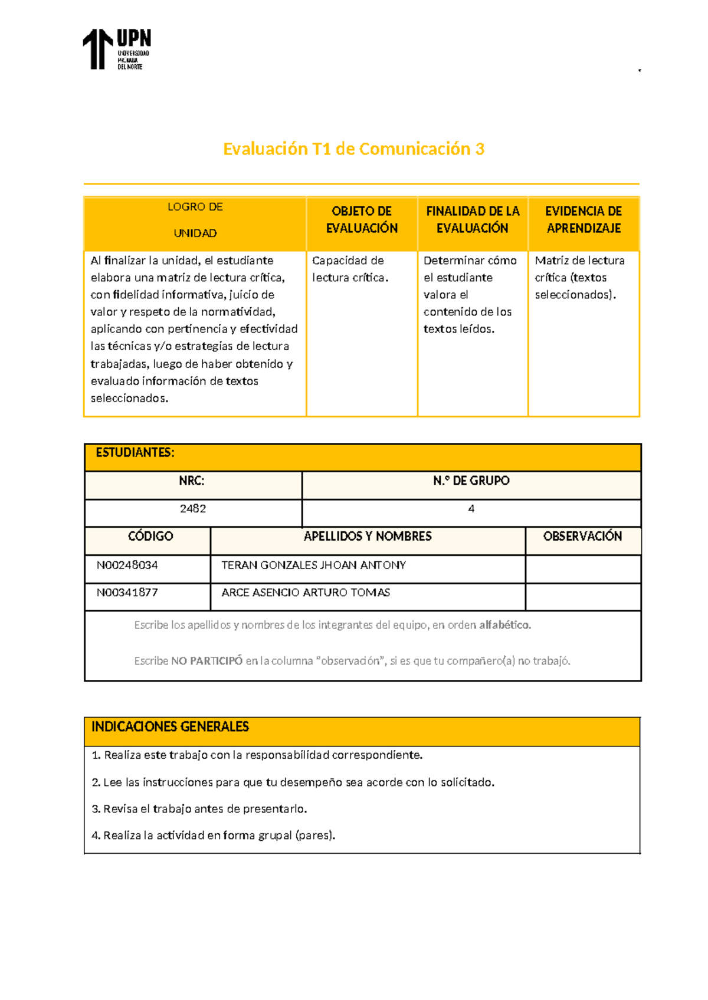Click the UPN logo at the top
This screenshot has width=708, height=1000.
point(116,50)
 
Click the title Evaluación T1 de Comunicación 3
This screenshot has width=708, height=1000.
point(353,149)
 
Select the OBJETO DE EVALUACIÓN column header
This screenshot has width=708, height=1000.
point(362,220)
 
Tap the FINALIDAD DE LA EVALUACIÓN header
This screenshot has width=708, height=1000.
point(473,220)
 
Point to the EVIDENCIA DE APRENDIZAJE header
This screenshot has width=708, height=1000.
point(584,220)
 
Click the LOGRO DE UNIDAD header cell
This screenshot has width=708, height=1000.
point(195,220)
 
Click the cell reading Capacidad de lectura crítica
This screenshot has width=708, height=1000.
point(350,269)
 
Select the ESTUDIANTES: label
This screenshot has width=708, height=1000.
point(135,453)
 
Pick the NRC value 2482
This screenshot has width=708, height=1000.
point(193,509)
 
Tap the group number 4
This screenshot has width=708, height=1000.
point(471,509)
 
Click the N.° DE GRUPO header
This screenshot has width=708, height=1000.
point(471,481)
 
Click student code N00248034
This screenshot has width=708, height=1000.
point(127,565)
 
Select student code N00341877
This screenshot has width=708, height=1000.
point(127,593)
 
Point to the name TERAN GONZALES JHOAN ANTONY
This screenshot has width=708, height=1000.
point(313,565)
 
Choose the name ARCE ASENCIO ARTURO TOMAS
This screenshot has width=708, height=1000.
point(306,593)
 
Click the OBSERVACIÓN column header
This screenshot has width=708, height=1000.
point(582,537)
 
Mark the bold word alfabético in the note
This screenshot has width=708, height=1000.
point(504,625)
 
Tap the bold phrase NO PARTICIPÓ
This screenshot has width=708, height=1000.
point(206,661)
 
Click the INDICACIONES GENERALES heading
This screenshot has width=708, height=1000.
point(170,727)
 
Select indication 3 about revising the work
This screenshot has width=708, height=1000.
point(199,809)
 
